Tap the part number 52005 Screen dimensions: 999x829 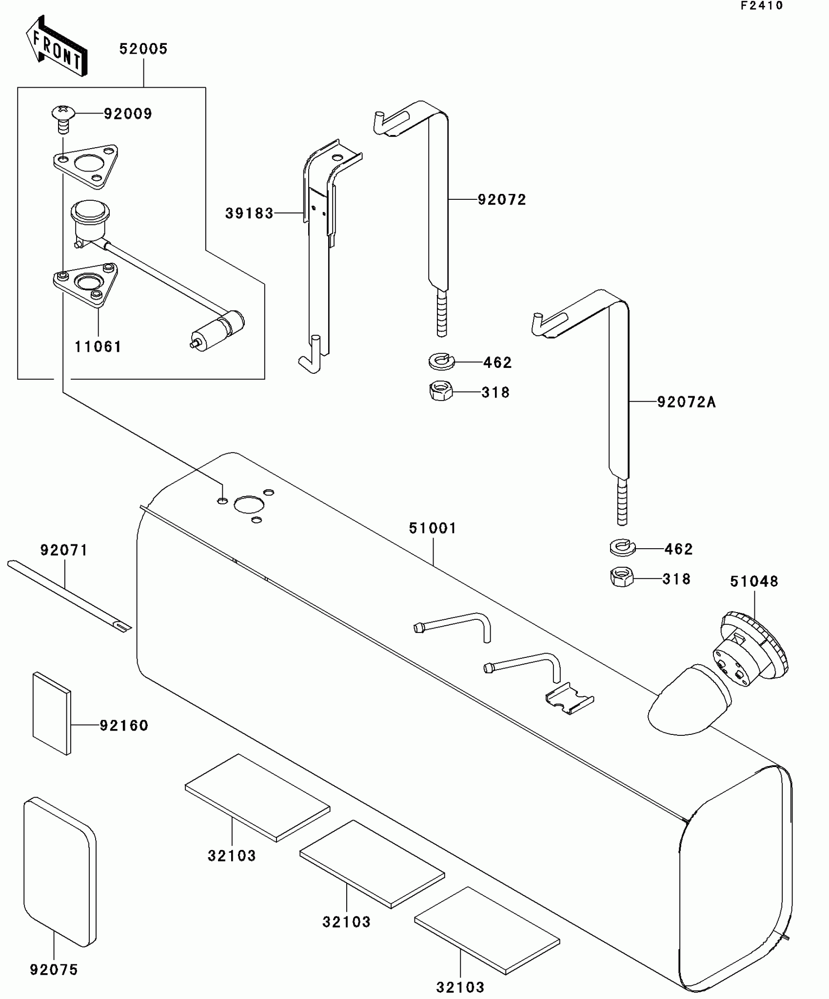click(x=143, y=49)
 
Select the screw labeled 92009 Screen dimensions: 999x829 click(x=63, y=118)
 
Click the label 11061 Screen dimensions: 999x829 click(x=98, y=347)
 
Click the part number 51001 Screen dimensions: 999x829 click(x=433, y=528)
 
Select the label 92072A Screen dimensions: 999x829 click(x=686, y=402)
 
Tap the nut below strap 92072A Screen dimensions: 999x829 click(x=622, y=577)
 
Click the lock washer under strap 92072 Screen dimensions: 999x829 click(x=442, y=362)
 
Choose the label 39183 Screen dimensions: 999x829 click(x=249, y=213)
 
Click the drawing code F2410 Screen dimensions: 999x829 click(x=762, y=6)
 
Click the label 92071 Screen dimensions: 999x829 click(x=64, y=551)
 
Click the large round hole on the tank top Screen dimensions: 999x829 click(x=249, y=504)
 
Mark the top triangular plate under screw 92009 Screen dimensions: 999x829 click(x=86, y=166)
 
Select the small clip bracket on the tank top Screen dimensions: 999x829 click(x=570, y=698)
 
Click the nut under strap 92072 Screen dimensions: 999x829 click(x=442, y=391)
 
